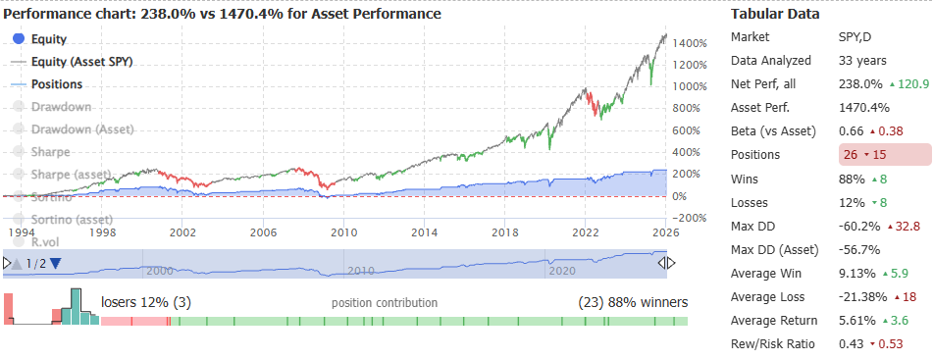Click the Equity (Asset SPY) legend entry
pos(81,61)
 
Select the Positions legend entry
pos(57,84)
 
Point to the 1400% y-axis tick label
pos(692,44)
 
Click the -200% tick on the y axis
pos(689,218)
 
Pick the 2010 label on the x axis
pos(342,232)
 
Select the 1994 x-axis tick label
pos(23,232)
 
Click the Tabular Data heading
pos(775,15)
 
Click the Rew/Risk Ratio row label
pos(774,343)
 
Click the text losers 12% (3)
pos(145,301)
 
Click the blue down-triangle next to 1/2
pos(55,263)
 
